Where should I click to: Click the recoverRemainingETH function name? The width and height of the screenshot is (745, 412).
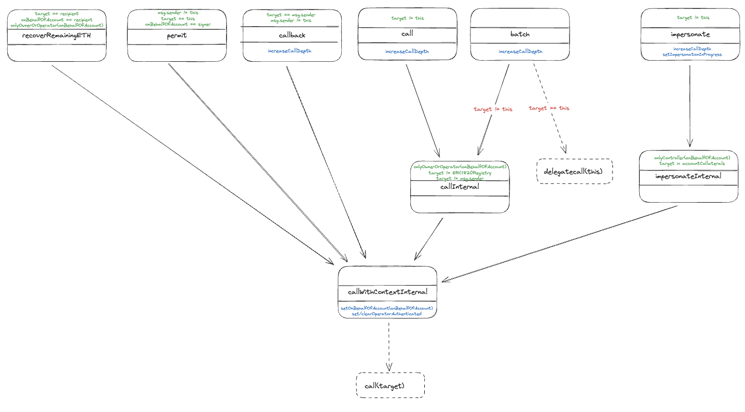click(x=56, y=36)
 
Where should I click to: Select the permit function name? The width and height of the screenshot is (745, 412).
click(x=177, y=36)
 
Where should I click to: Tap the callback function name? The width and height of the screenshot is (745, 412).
click(x=292, y=35)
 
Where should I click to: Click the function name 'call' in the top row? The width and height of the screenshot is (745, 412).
click(x=407, y=34)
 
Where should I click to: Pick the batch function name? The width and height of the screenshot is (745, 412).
click(x=519, y=34)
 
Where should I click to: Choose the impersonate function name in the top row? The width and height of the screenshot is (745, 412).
click(x=690, y=34)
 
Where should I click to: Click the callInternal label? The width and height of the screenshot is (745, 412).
click(x=459, y=187)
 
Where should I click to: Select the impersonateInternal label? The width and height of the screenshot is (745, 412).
click(x=689, y=176)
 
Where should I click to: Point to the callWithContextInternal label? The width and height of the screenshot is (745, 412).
click(x=388, y=292)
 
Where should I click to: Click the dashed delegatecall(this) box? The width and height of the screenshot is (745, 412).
click(x=574, y=171)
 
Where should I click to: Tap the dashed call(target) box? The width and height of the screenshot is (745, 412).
click(x=390, y=385)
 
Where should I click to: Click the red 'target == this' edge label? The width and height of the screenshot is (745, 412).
click(x=549, y=108)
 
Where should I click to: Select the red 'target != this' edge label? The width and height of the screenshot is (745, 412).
click(x=493, y=109)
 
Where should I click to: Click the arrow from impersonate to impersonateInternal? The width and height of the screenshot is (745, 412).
click(x=690, y=106)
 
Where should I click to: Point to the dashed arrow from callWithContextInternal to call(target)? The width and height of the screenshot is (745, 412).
click(x=388, y=345)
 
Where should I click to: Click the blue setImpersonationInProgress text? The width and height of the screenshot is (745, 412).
click(x=690, y=55)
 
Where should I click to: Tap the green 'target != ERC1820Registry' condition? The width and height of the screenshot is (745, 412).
click(x=460, y=173)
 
